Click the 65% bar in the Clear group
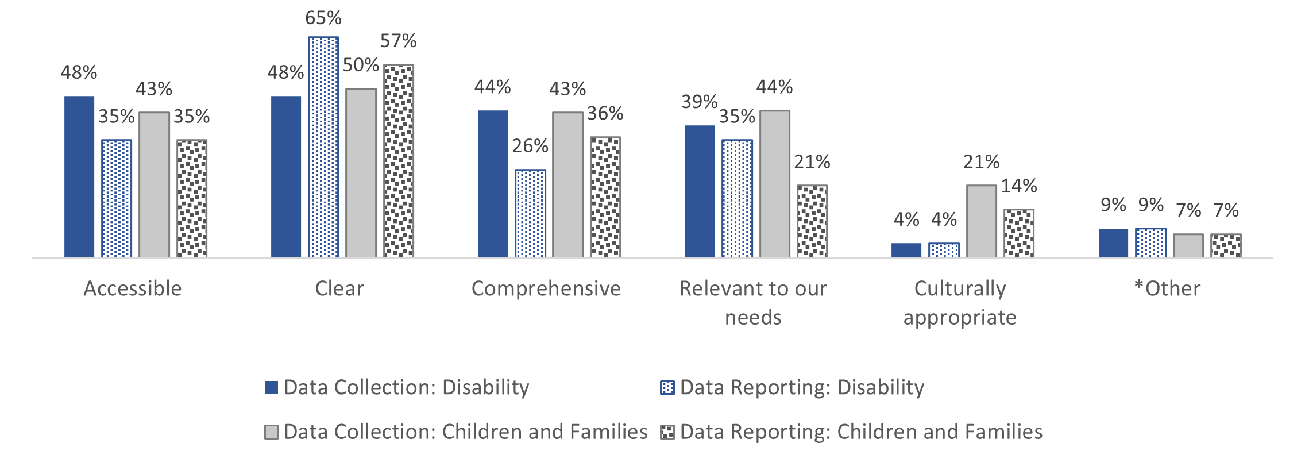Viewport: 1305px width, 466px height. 323,147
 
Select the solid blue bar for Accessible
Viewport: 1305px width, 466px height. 79,176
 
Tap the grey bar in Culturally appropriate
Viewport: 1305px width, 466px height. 981,221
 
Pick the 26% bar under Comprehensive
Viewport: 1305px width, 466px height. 530,213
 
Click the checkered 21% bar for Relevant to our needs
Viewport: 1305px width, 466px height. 812,221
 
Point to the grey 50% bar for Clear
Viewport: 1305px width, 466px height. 361,172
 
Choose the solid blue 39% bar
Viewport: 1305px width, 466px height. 700,191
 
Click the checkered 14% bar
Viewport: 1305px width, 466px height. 1019,233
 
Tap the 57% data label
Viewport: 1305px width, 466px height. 398,41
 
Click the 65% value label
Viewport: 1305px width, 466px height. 323,18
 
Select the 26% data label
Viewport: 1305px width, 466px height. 530,146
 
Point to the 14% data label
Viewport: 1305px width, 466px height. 1019,186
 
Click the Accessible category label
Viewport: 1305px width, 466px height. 133,288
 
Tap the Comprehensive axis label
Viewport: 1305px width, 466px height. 546,288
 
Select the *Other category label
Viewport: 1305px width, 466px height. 1167,288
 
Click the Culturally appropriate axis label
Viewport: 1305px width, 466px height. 960,303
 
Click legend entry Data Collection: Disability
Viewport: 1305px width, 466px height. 406,387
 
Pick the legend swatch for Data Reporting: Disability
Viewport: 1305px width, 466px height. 667,388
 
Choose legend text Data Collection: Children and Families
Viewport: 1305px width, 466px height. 465,432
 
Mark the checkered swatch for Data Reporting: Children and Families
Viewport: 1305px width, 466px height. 667,432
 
